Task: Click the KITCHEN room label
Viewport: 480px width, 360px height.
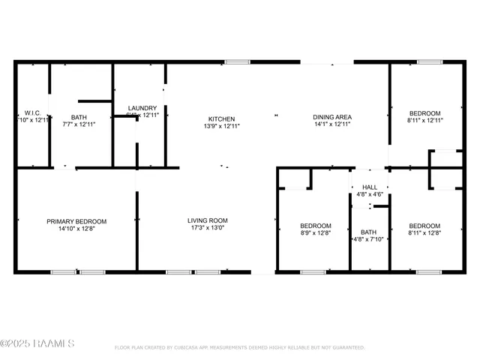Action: (221, 118)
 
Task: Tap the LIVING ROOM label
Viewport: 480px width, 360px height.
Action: (207, 220)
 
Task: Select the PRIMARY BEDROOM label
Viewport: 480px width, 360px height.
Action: (76, 220)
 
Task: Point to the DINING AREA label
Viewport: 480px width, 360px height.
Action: (332, 117)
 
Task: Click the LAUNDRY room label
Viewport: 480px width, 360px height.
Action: (142, 108)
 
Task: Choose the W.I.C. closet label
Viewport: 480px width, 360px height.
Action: (31, 112)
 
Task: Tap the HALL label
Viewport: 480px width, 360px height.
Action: (370, 187)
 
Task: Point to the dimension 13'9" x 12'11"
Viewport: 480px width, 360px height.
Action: (221, 126)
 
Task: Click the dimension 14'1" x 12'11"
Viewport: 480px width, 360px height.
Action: (332, 124)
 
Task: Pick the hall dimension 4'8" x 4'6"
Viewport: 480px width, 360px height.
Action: (369, 194)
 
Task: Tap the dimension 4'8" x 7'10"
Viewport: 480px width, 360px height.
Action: (368, 240)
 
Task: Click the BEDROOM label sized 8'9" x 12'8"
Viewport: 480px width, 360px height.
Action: (316, 226)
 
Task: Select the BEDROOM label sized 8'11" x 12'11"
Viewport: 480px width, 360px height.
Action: (425, 112)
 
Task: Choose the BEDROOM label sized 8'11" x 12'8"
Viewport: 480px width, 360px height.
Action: (424, 226)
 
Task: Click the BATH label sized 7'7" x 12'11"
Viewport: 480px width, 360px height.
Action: (79, 117)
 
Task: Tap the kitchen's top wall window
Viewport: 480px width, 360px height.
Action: (238, 61)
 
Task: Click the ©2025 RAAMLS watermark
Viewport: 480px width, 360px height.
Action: (37, 344)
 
